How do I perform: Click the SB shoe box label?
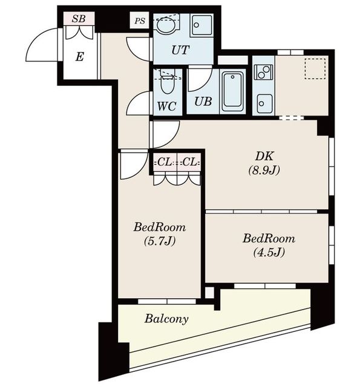point(79,19)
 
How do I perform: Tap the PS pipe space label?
point(140,21)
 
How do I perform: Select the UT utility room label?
point(180,50)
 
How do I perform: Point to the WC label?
point(167,106)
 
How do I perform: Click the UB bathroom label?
point(203,102)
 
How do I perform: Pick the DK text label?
point(264,156)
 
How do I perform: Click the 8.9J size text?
point(264,171)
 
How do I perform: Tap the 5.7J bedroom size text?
point(160,241)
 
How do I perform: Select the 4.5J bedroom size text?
point(269,252)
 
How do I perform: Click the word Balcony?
point(166,319)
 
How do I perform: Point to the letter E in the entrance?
point(79,57)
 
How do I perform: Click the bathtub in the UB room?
point(232,91)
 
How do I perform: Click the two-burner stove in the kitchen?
point(263,72)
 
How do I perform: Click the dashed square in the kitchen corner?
point(315,68)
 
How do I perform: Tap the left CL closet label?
point(164,163)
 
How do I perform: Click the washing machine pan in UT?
point(202,25)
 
